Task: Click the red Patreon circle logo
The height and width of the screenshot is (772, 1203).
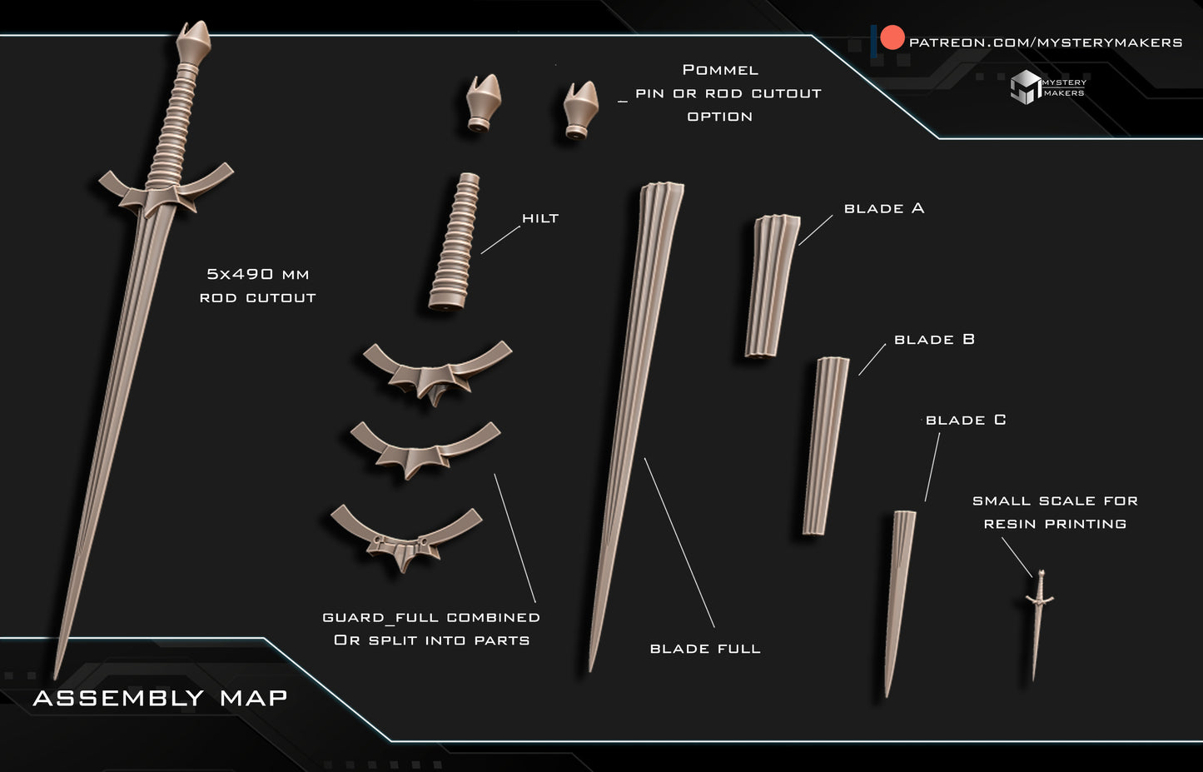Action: pos(892,37)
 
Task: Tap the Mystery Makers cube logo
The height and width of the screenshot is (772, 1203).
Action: pos(1025,87)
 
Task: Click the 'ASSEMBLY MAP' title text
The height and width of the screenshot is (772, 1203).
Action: pos(160,698)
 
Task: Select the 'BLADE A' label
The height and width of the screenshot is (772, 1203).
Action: pos(884,208)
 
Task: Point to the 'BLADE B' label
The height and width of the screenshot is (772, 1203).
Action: pos(934,339)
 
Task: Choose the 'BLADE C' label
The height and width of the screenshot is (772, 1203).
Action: pos(966,420)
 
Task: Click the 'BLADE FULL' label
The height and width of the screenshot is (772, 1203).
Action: pos(705,649)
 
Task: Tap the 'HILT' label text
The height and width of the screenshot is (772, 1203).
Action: pos(540,218)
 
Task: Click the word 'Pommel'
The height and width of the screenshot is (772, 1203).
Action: pos(720,70)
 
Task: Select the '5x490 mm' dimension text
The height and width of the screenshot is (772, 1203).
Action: pos(258,274)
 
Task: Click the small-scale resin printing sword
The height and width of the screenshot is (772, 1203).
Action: pos(1039,625)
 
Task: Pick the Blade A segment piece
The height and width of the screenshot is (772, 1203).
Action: pos(772,286)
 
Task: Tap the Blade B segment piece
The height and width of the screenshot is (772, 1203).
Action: pos(826,446)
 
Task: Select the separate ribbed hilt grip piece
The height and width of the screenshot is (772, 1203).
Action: pos(455,242)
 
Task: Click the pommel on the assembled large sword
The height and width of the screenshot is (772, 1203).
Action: pos(193,43)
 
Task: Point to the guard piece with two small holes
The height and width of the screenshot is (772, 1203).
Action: pos(406,537)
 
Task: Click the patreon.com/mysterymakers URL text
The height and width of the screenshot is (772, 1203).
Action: pos(1045,42)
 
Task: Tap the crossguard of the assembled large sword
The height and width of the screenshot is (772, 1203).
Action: pos(166,190)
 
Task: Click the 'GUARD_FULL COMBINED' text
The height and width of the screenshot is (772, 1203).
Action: pos(431,617)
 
